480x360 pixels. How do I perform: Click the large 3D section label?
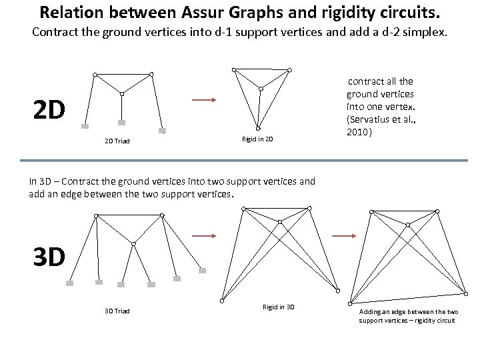[x=49, y=257]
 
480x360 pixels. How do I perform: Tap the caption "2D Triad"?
[x=117, y=140]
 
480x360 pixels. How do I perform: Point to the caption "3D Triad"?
[x=117, y=311]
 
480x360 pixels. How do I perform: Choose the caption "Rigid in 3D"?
[x=279, y=307]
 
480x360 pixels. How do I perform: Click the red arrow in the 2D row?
[x=203, y=101]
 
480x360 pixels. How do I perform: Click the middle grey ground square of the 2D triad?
[x=122, y=123]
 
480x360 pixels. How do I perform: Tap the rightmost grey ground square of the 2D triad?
[x=162, y=131]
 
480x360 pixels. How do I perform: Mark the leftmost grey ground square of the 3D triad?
[x=69, y=283]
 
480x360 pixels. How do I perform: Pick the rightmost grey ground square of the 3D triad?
[x=203, y=271]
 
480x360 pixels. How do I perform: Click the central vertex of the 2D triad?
[x=123, y=93]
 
